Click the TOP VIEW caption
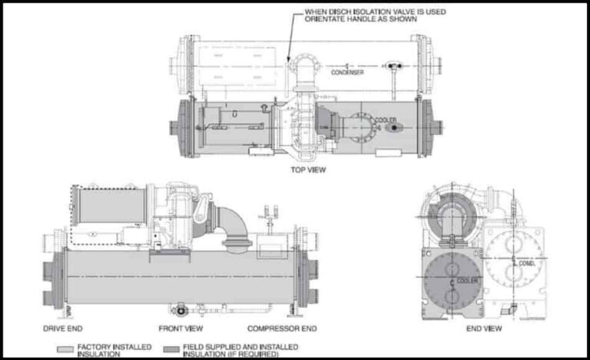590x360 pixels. pos(307,169)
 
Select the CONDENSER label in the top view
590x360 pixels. pos(347,72)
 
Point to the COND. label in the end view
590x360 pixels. pos(525,264)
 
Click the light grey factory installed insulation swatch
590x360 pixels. pos(68,348)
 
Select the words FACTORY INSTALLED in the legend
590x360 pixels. pos(112,347)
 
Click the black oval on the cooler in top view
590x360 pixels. pos(394,128)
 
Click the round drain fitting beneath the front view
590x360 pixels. pos(181,311)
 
